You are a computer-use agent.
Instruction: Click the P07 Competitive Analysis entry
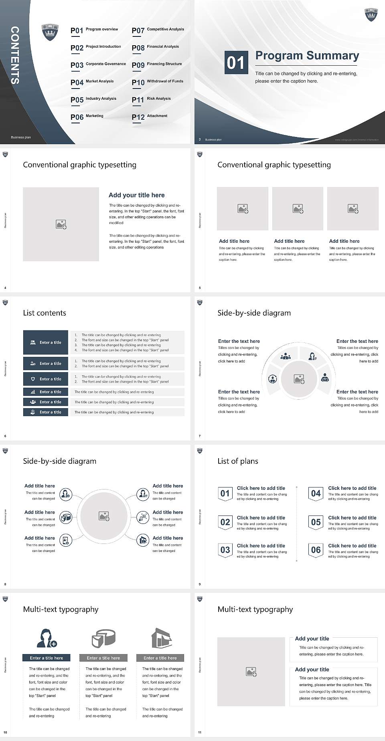tap(158, 30)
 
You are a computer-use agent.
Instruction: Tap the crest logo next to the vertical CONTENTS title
tap(50, 32)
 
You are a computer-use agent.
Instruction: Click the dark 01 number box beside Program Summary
tap(235, 62)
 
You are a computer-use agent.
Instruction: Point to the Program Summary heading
tap(307, 56)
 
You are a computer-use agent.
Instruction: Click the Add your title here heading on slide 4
tap(136, 195)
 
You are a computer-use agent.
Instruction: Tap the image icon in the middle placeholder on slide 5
tap(298, 209)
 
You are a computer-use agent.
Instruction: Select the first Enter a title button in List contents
tap(46, 342)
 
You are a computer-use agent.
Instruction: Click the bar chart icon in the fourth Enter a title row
tap(33, 392)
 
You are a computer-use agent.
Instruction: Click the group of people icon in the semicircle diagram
tap(286, 356)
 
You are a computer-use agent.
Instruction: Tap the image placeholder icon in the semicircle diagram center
tap(299, 379)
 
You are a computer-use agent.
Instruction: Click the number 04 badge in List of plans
tap(316, 493)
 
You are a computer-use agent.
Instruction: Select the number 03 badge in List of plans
tap(225, 550)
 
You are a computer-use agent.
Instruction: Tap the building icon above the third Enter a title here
tap(161, 638)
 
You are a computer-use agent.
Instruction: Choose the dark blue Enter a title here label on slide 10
tap(46, 658)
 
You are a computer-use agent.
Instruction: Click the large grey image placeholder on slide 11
tap(251, 671)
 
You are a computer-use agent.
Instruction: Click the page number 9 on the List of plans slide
tap(200, 584)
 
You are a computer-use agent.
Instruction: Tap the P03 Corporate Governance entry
tap(98, 65)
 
